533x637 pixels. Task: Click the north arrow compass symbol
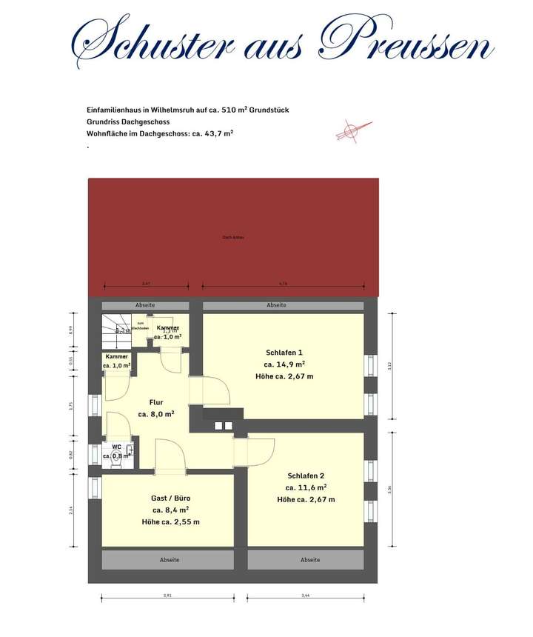(x=347, y=132)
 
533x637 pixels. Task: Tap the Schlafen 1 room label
(x=284, y=353)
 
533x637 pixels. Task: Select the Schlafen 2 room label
(x=306, y=476)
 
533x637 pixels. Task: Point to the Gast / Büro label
(x=170, y=498)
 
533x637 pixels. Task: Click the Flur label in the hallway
(x=156, y=403)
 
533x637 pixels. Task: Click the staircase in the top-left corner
(x=115, y=331)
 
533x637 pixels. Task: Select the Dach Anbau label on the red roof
(x=233, y=237)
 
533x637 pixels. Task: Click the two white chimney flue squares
(x=223, y=425)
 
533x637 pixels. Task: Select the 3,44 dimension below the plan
(x=306, y=595)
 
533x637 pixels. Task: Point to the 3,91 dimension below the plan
(x=167, y=595)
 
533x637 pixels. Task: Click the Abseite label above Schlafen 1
(x=277, y=305)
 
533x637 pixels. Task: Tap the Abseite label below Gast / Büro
(x=170, y=560)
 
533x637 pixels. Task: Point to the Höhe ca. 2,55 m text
(x=170, y=522)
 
